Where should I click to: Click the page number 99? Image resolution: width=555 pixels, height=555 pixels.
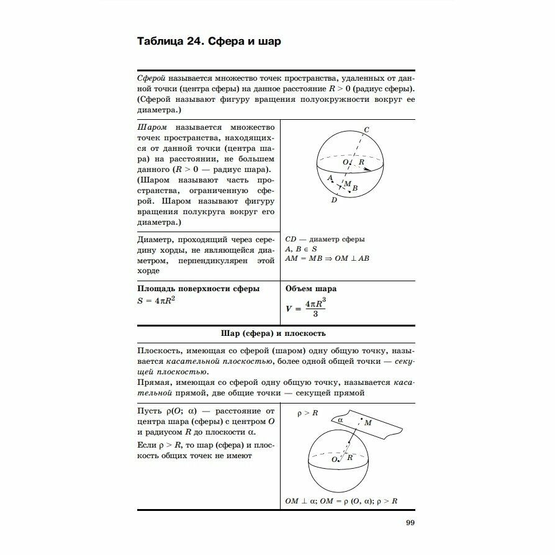tap(409, 521)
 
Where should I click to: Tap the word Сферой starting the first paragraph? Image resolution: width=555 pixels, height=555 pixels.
tap(151, 79)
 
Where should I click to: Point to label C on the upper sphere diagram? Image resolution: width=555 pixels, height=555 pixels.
tap(366, 129)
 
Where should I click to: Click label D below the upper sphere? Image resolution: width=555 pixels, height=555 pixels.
tap(334, 200)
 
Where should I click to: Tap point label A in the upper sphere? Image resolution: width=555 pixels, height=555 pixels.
tap(330, 177)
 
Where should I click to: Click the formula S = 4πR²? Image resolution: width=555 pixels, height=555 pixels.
tap(156, 300)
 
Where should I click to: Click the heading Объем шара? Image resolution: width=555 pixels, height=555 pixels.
tap(310, 289)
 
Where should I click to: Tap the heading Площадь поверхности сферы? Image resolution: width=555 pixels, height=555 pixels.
tap(198, 289)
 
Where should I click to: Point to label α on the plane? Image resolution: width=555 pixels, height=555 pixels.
tap(340, 420)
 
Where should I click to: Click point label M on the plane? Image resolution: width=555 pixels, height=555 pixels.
tap(368, 422)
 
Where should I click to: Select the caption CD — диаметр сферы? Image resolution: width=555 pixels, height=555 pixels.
tap(325, 239)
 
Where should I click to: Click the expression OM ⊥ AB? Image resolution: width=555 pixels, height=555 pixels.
tap(353, 258)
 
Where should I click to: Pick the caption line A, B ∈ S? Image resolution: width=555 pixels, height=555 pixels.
tap(302, 248)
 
